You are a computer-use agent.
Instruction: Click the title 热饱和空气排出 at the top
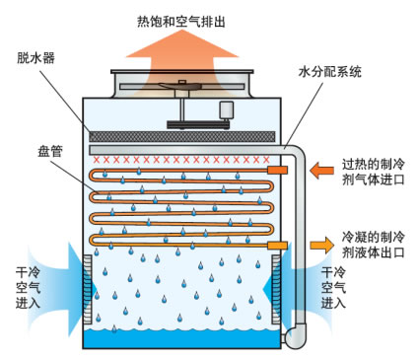[181, 22]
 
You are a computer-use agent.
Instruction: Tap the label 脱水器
[36, 58]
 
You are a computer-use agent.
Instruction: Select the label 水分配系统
[329, 71]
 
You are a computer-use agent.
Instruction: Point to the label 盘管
[50, 151]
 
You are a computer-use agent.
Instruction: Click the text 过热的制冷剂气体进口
[373, 172]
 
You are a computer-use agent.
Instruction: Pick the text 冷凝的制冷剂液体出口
[373, 245]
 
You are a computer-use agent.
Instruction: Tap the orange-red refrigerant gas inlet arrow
[321, 171]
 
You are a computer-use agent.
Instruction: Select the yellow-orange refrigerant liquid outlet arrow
[322, 245]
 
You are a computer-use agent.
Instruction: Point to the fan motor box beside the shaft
[226, 110]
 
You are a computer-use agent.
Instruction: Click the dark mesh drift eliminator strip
[182, 137]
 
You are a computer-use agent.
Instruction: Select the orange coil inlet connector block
[277, 170]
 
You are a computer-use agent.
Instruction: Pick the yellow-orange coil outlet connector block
[277, 246]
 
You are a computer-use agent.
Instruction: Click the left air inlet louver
[87, 289]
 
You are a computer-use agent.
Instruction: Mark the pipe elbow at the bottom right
[296, 335]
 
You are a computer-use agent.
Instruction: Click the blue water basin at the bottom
[181, 338]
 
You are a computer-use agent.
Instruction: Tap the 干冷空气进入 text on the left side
[28, 288]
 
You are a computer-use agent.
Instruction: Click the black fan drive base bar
[198, 125]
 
